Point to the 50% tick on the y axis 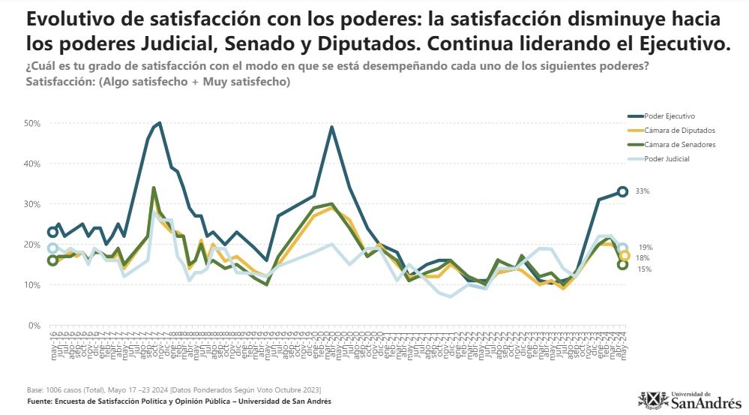click(32, 123)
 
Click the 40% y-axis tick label click(32, 164)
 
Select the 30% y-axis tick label click(32, 204)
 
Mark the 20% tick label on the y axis click(32, 245)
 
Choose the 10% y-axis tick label click(32, 285)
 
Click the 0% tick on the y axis click(34, 326)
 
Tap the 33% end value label click(643, 191)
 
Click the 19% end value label click(645, 247)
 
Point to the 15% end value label click(645, 269)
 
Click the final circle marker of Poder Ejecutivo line click(622, 191)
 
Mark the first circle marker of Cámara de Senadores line click(52, 260)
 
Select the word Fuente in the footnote click(40, 401)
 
